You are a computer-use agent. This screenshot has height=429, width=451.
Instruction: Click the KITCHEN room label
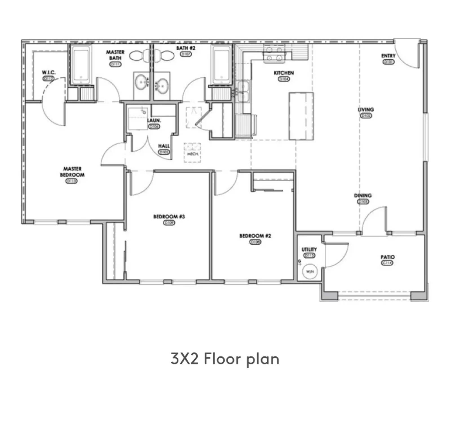click(284, 73)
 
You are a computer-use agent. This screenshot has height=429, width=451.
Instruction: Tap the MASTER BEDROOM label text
click(72, 172)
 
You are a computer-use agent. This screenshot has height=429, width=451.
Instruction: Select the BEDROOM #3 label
click(169, 217)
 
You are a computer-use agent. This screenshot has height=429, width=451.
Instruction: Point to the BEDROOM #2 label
click(255, 236)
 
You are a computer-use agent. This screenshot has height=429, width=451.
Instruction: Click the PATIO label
click(388, 257)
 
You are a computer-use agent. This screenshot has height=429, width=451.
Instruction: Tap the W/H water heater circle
click(309, 272)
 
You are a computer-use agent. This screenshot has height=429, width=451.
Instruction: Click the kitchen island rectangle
click(301, 116)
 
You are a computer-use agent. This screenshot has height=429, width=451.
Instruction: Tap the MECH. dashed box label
click(193, 154)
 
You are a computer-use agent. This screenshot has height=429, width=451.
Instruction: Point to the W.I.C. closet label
click(49, 72)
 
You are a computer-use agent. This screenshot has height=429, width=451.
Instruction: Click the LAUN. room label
click(154, 120)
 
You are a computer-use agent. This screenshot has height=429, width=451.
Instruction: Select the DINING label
click(363, 195)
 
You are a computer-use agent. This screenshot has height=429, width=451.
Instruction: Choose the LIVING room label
click(366, 109)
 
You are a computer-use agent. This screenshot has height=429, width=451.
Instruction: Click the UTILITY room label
click(309, 249)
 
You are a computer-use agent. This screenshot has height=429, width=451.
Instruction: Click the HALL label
click(164, 146)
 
